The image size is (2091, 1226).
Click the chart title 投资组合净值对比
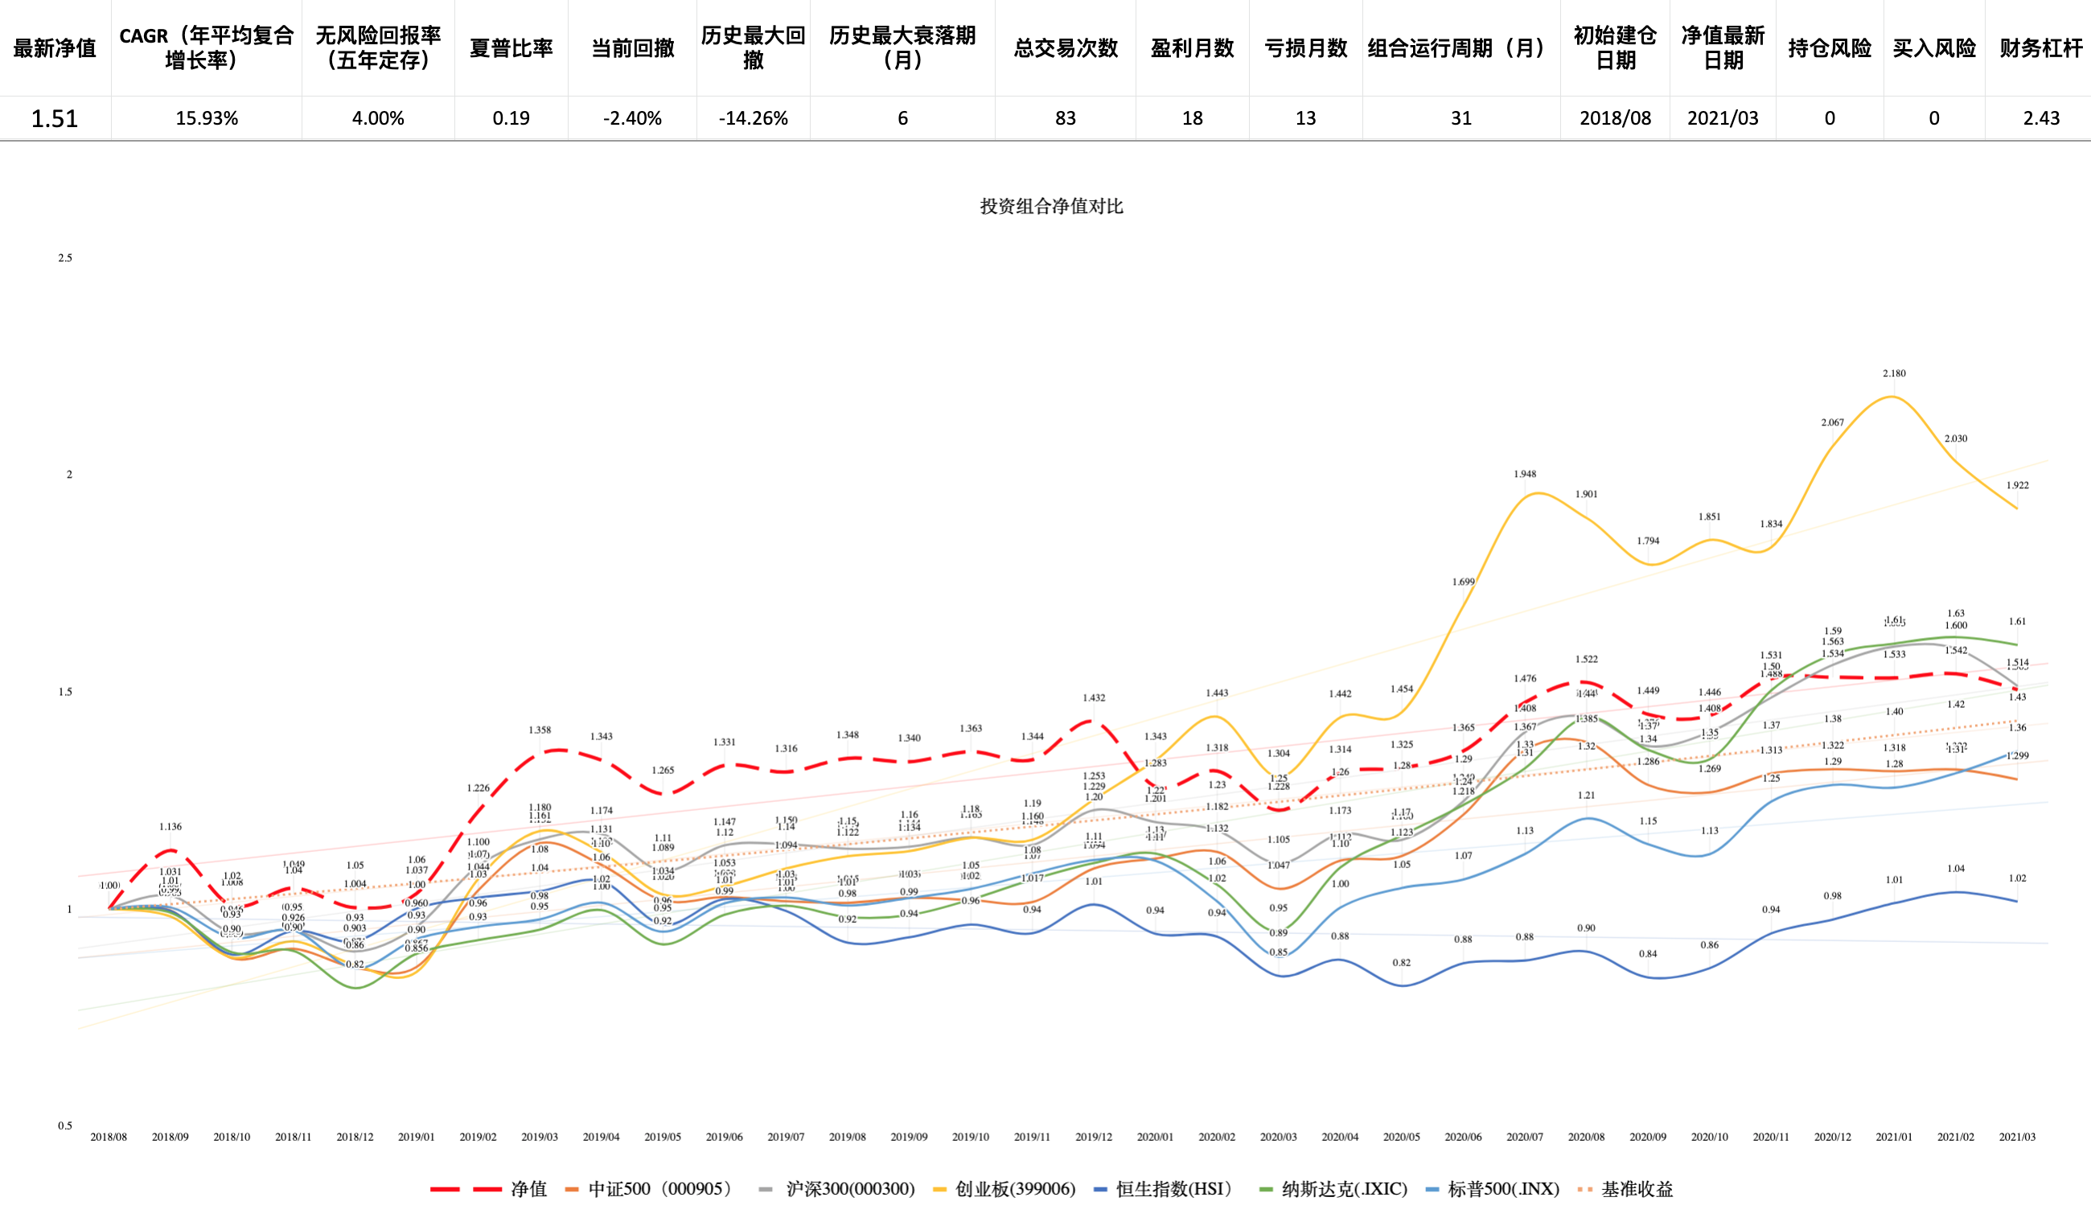coord(1051,206)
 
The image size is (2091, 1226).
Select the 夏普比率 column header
coord(511,48)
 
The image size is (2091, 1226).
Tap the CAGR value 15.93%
coord(207,118)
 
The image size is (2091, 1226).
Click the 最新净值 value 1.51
coord(55,118)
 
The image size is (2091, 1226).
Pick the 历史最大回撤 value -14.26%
coord(754,118)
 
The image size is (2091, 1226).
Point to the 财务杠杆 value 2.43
coord(2041,118)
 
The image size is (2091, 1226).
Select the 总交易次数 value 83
coord(1066,118)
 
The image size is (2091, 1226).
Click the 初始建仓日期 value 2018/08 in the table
coord(1615,118)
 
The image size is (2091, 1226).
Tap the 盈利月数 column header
coord(1193,48)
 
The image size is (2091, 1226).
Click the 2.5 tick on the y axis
coord(64,258)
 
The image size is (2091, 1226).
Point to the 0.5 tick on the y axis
coord(64,1125)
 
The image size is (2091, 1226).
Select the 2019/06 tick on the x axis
coord(725,1138)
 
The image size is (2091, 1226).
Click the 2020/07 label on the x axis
coord(1524,1138)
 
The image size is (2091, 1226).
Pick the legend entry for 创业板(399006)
coord(1004,1190)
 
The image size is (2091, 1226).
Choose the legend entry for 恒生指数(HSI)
coord(1164,1190)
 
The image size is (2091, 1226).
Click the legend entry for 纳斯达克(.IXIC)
coord(1333,1190)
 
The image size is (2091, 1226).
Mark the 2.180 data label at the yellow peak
coord(1894,373)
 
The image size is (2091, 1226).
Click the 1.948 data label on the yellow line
coord(1524,474)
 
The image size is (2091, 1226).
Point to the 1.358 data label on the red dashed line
coord(540,730)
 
